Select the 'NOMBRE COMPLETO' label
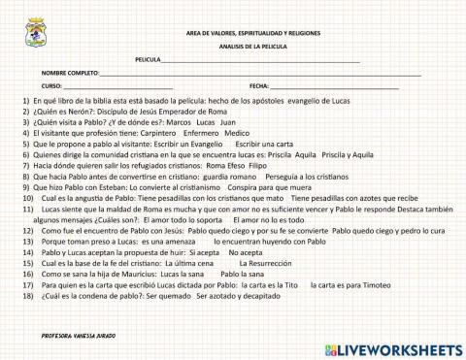click(x=70, y=74)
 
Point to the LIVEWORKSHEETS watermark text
click(x=400, y=348)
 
